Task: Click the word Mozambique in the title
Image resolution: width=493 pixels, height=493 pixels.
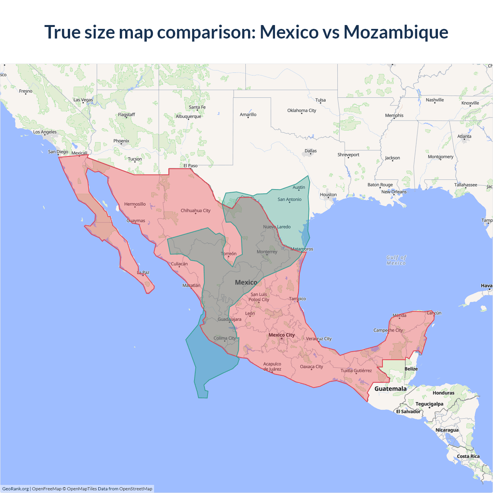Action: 396,32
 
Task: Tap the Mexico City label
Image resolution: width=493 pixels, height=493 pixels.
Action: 282,335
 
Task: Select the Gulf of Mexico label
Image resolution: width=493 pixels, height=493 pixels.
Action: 396,260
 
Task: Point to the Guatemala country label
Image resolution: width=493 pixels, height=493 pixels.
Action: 390,389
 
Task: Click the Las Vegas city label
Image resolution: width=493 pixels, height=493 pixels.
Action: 83,100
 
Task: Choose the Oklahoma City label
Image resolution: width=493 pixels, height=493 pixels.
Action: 302,111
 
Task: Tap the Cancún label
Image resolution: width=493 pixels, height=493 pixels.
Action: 434,313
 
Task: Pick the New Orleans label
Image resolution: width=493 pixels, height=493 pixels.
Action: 394,192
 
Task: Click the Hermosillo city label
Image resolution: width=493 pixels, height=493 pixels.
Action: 135,204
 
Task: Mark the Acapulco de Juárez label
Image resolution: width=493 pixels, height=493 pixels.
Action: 272,366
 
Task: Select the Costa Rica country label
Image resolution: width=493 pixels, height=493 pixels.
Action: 468,456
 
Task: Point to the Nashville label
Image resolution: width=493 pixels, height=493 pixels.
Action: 434,100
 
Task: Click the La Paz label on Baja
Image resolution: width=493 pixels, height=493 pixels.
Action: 143,272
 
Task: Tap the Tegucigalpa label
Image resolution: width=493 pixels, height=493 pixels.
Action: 429,404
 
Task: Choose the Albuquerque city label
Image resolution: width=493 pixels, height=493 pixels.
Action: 188,116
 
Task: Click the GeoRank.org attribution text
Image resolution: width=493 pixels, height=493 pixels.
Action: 15,489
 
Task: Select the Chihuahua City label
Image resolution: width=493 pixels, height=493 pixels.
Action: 195,211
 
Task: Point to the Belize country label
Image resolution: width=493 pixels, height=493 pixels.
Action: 411,369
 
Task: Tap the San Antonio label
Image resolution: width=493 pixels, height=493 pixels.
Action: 289,200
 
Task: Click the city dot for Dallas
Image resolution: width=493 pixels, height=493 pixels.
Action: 310,154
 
